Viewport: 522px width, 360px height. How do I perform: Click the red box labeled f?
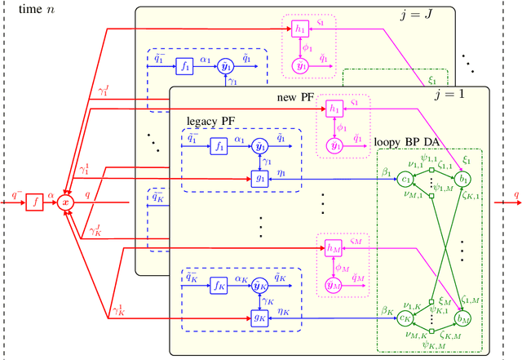[34, 200]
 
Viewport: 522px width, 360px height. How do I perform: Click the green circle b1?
[464, 178]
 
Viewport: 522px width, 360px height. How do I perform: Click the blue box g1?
[260, 178]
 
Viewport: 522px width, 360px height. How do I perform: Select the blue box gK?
[260, 318]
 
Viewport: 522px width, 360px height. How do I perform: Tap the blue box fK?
[218, 286]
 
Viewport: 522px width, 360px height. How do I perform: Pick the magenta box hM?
[334, 246]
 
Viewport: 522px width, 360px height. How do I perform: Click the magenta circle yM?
[334, 284]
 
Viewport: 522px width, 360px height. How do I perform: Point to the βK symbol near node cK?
[385, 310]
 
